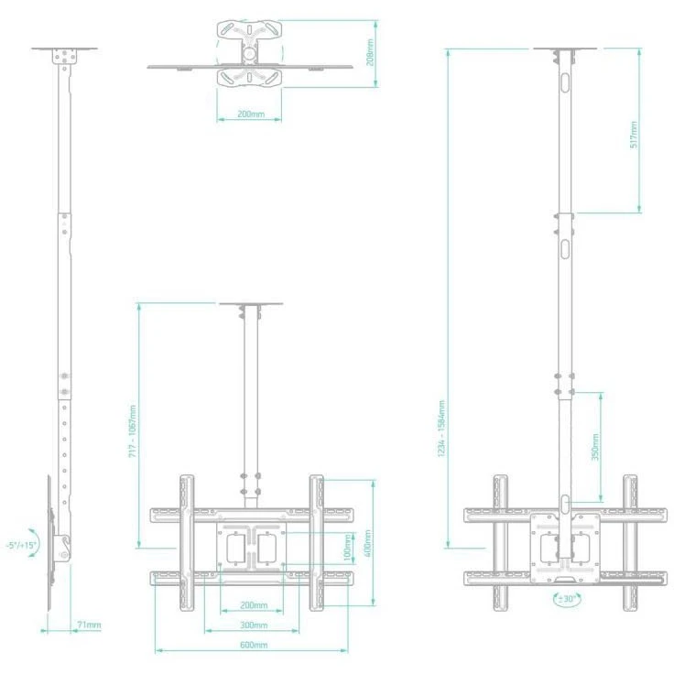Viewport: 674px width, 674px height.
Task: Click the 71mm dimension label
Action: tap(89, 625)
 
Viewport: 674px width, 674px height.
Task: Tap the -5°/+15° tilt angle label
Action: tap(22, 545)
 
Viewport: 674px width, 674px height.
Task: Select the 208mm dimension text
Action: tap(370, 52)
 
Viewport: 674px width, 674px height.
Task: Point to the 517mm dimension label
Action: tap(634, 135)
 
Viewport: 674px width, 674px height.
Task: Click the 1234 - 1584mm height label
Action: tap(441, 429)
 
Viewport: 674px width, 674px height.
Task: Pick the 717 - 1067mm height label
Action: tap(133, 430)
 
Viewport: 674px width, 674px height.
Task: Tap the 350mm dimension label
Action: tap(595, 447)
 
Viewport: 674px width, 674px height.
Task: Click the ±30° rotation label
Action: tap(567, 599)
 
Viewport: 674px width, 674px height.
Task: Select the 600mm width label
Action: tap(254, 645)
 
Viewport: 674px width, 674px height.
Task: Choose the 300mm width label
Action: tap(254, 625)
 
